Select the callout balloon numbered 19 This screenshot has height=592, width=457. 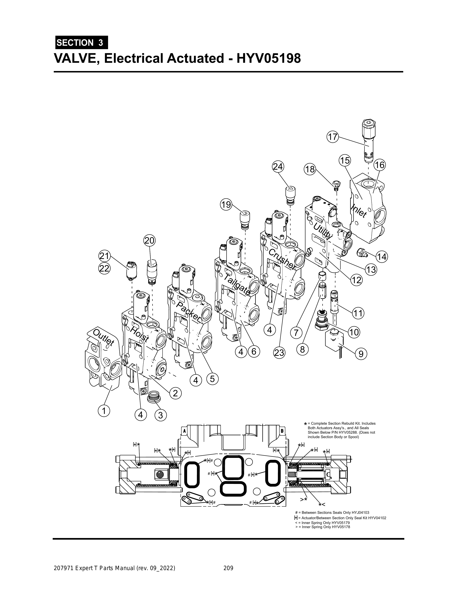point(226,204)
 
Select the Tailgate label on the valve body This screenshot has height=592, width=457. point(237,284)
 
